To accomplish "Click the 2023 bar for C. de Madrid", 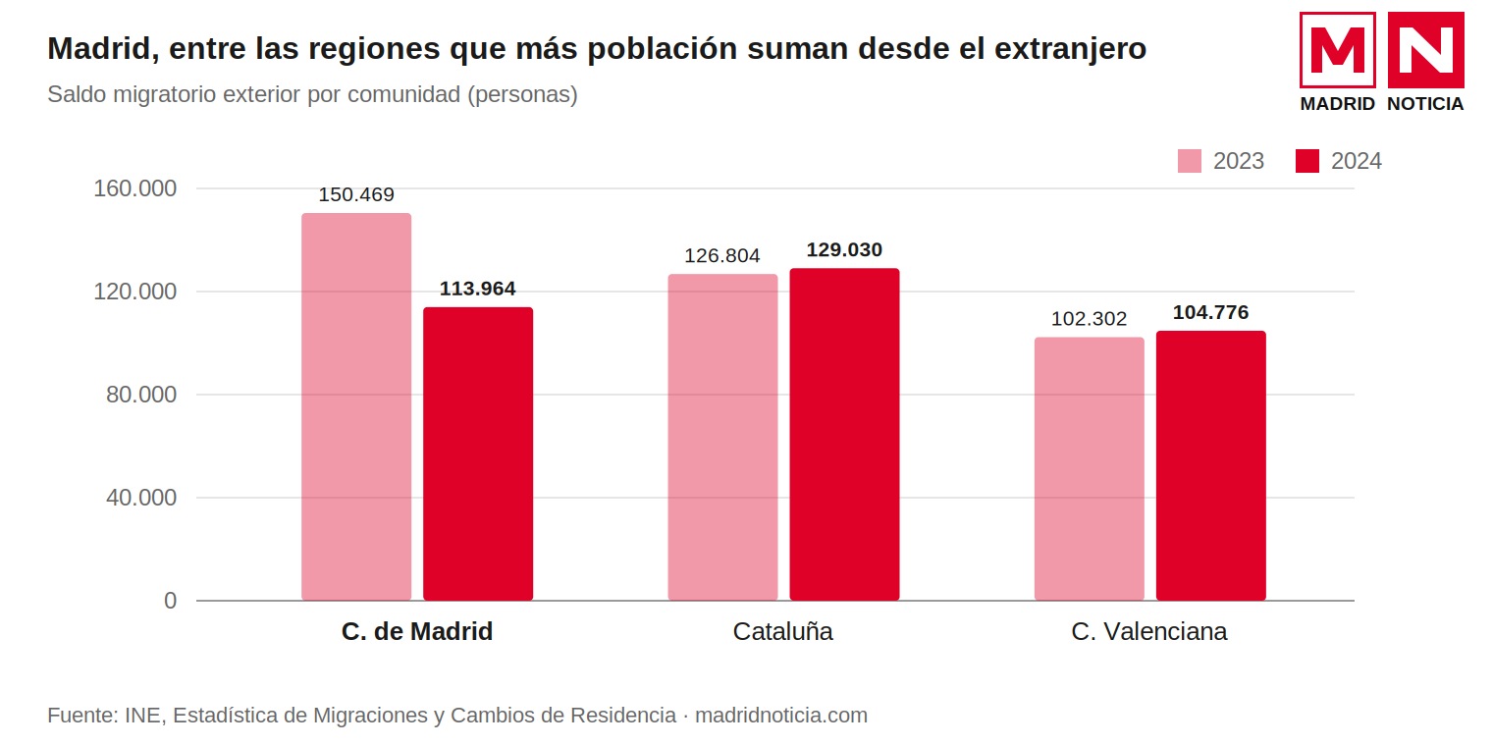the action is point(356,407).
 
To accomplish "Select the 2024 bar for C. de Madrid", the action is point(478,453).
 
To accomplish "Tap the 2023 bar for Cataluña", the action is point(722,437).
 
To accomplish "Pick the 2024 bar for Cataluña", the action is point(844,434).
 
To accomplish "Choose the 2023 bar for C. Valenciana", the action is point(1089,469).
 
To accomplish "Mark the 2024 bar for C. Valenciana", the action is point(1211,465).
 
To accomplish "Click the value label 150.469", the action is point(356,194).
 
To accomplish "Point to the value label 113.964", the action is point(478,289).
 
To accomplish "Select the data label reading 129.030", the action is point(844,249).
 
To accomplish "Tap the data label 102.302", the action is point(1089,318).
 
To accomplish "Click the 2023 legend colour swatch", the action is point(1190,161).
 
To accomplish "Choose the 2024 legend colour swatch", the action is point(1307,161).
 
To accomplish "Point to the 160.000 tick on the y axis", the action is point(134,188).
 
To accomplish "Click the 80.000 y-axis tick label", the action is point(141,395).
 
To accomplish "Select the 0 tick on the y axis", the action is point(171,601).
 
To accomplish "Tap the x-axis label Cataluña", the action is point(782,631).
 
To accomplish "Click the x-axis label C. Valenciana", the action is point(1149,631).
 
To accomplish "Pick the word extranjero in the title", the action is point(1070,49).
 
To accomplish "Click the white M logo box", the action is point(1338,50).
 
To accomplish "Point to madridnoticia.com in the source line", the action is point(781,716).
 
